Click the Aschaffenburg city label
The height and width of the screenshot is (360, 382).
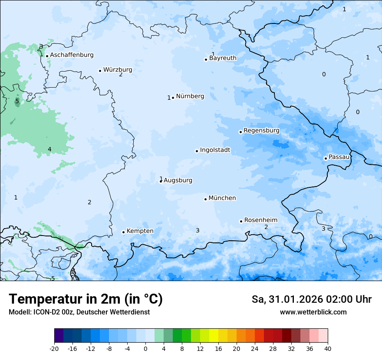[72, 55]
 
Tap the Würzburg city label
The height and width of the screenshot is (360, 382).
[118, 70]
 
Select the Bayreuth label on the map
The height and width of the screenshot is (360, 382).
[223, 58]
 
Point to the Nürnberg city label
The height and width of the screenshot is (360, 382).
[190, 96]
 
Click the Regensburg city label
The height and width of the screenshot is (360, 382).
[261, 131]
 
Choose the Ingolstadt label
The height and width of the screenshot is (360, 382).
[215, 151]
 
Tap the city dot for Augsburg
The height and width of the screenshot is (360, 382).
[161, 181]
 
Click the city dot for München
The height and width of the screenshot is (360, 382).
[205, 199]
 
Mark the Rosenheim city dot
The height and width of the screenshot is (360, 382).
[241, 221]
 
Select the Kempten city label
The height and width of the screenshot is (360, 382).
[140, 231]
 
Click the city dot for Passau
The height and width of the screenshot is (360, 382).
[326, 158]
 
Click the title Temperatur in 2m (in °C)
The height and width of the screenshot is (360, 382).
[86, 299]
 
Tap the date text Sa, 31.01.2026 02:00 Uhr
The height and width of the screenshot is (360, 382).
[311, 300]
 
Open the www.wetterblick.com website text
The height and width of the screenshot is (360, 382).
[313, 312]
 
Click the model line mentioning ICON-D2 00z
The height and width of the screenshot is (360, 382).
[79, 312]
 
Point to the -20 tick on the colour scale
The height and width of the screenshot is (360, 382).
[54, 349]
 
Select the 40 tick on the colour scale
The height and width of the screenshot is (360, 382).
[328, 349]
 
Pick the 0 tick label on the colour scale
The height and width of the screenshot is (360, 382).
[145, 349]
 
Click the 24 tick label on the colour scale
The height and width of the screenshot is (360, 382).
[255, 349]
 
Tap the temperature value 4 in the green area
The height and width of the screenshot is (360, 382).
[49, 150]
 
